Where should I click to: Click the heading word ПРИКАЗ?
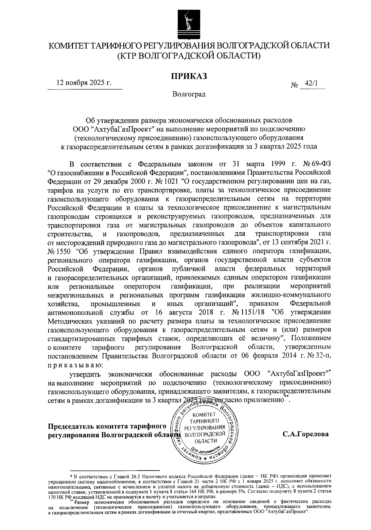[189, 76]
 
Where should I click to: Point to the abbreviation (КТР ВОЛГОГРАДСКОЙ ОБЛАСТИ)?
[189, 56]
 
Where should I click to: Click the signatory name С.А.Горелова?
[305, 434]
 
